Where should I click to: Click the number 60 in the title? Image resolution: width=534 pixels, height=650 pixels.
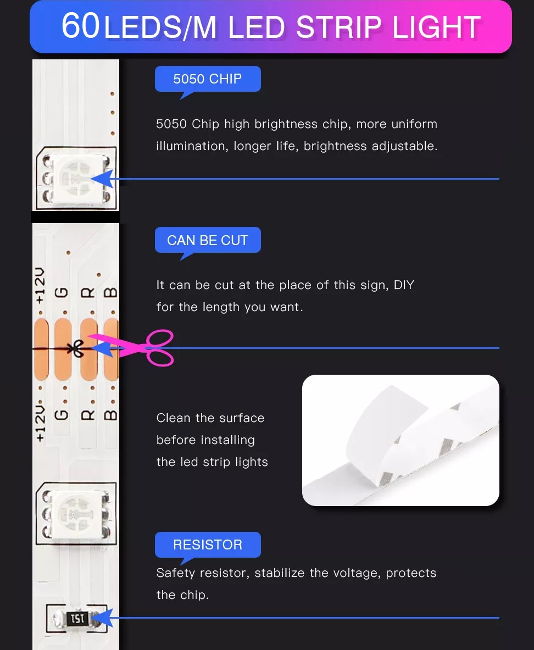click(x=80, y=26)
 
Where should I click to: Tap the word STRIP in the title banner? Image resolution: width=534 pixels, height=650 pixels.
click(x=339, y=28)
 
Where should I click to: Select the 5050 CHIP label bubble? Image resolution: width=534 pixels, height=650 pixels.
click(x=208, y=79)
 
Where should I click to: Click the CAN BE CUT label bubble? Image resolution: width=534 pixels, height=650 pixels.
click(x=208, y=241)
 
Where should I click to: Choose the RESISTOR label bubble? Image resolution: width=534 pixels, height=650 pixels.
click(x=208, y=545)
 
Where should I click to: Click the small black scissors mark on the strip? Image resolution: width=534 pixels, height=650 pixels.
click(x=77, y=349)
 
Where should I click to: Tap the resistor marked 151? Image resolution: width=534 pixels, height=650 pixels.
click(x=77, y=619)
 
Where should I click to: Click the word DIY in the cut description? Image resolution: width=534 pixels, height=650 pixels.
click(x=404, y=285)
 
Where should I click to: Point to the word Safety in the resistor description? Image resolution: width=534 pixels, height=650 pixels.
click(x=175, y=573)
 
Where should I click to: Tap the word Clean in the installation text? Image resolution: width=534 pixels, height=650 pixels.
click(x=173, y=418)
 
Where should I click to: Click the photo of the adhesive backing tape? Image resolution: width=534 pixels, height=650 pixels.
click(x=400, y=440)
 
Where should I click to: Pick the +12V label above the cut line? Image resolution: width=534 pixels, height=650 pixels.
click(x=40, y=286)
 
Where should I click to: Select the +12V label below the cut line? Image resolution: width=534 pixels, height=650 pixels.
click(x=40, y=424)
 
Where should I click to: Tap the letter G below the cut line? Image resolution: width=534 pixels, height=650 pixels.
click(x=62, y=414)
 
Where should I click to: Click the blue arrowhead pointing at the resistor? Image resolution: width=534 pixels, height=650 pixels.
click(x=102, y=618)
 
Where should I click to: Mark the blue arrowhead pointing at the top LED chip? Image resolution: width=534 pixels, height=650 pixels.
click(x=102, y=179)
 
